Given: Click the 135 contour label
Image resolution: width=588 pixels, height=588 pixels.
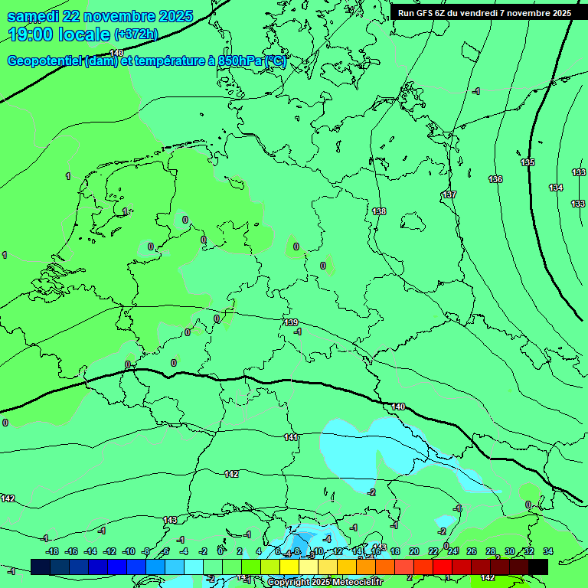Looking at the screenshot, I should tap(528, 162).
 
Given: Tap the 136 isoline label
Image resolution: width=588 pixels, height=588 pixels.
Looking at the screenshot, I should tap(495, 179).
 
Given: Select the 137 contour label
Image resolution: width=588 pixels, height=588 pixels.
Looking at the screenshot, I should tap(449, 194).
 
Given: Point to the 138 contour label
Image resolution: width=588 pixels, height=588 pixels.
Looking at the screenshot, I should tap(379, 211).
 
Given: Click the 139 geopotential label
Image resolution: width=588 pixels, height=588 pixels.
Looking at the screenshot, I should tap(291, 322).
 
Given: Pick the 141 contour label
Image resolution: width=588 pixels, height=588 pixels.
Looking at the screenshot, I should tap(291, 437).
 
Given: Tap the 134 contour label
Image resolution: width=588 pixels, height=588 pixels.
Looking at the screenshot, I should tap(556, 188).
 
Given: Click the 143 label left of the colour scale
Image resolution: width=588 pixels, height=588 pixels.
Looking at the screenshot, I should tap(170, 520).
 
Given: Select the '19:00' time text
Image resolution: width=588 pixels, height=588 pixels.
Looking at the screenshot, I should tap(31, 34).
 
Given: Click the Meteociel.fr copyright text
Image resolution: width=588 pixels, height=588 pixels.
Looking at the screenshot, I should tap(325, 583).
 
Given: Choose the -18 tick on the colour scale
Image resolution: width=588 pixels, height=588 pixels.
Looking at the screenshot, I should tap(52, 551).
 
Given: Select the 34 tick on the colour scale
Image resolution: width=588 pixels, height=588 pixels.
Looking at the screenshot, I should tap(548, 551).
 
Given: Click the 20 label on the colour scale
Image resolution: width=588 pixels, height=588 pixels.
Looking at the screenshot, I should tap(414, 551).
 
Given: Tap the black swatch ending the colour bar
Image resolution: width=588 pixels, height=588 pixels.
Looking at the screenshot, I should tap(538, 567).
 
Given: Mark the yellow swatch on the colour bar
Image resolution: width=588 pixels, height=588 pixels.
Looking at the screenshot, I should tap(289, 567).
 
